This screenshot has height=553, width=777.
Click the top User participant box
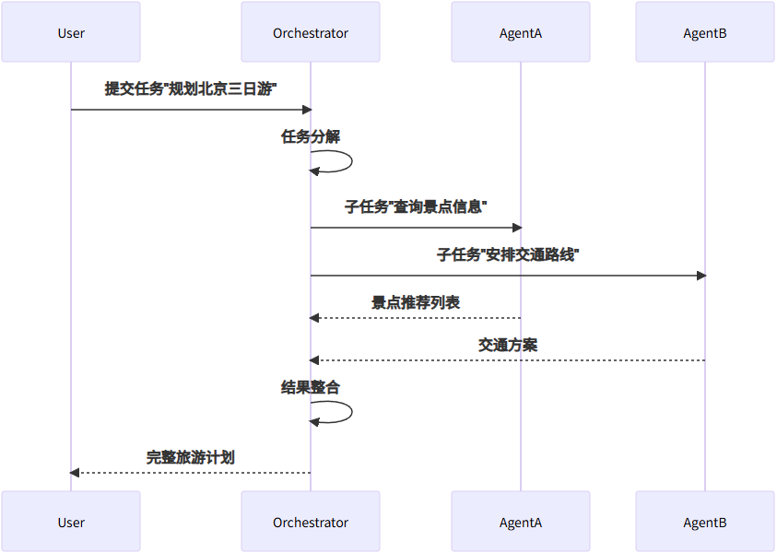pos(71,32)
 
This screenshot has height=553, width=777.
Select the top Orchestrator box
pos(311,32)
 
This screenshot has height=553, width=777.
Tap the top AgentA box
pos(521,32)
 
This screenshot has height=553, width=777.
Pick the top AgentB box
pos(705,32)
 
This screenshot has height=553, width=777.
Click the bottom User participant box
pos(71,522)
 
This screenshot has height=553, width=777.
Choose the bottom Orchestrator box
pos(311,522)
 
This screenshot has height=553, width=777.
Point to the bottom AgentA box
pos(521,522)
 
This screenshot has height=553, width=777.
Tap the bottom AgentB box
pos(705,522)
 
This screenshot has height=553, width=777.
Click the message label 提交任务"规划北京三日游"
pos(191,89)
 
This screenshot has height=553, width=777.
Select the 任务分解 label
pos(311,136)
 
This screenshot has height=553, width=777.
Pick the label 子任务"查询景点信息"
pos(416,207)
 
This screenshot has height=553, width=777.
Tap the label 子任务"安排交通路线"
pos(508,254)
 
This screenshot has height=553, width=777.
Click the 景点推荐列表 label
pos(416,302)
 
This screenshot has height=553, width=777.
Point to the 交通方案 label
pos(508,345)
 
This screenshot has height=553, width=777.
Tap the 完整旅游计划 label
pos(191,456)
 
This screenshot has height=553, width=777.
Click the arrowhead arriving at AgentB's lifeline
pos(700,276)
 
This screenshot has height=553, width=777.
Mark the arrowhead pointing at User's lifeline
pos(76,473)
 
